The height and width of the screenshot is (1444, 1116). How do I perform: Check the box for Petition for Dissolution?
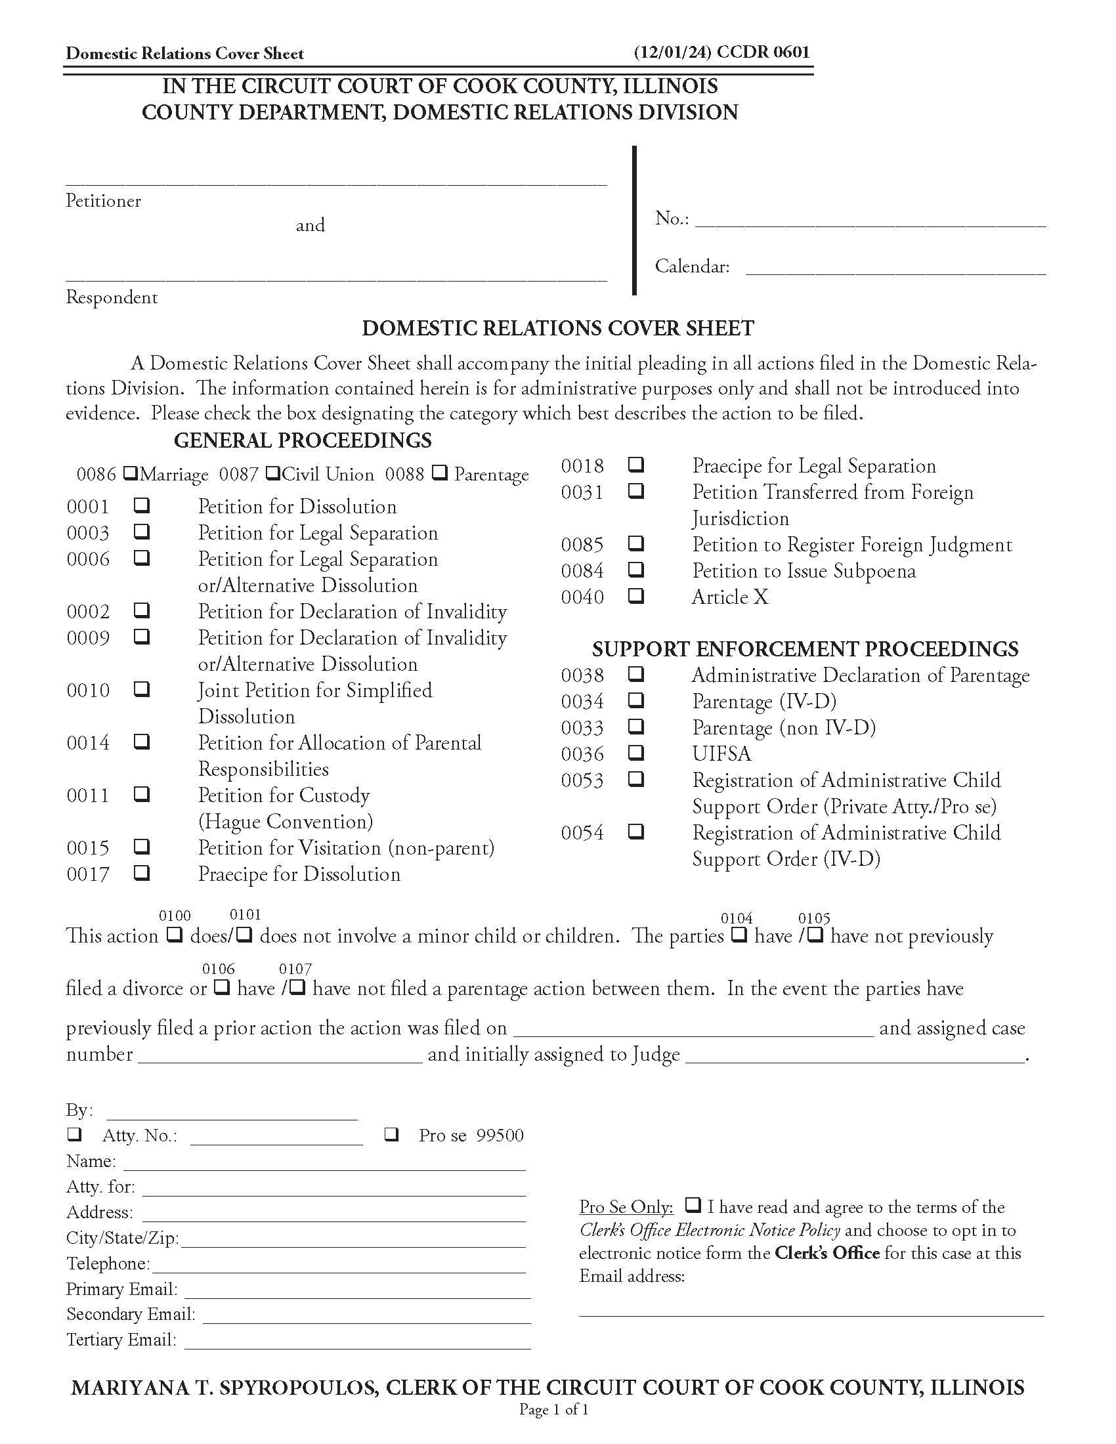pyautogui.click(x=142, y=506)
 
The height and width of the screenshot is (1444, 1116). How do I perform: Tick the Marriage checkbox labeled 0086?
pyautogui.click(x=131, y=473)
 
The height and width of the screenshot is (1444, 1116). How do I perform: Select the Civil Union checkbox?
pyautogui.click(x=272, y=473)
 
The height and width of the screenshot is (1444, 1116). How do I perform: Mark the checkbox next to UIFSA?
pyautogui.click(x=635, y=752)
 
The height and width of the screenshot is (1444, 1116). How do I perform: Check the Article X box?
pyautogui.click(x=635, y=596)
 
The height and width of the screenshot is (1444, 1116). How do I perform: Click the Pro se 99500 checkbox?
pyautogui.click(x=391, y=1135)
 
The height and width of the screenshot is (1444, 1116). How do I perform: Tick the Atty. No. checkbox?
pyautogui.click(x=75, y=1135)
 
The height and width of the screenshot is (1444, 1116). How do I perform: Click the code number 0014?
pyautogui.click(x=88, y=743)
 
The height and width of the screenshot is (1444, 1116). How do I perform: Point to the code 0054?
pyautogui.click(x=582, y=832)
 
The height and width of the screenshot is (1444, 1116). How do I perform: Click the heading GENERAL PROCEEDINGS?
pyautogui.click(x=302, y=440)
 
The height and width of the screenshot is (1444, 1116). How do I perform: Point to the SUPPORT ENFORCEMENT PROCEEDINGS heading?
pyautogui.click(x=805, y=649)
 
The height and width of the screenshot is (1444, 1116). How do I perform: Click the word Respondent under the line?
pyautogui.click(x=112, y=297)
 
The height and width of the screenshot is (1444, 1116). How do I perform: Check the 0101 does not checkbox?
pyautogui.click(x=244, y=935)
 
